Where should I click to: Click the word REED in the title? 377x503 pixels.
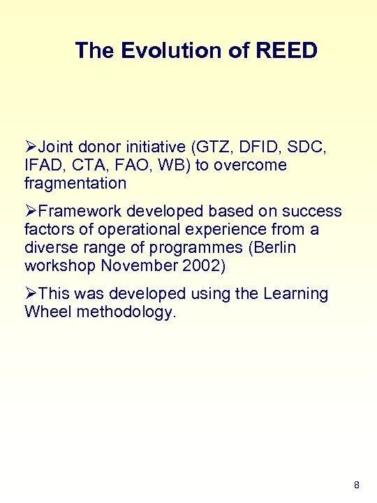coord(287,50)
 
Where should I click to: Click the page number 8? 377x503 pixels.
coord(357,485)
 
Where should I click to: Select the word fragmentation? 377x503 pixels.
coord(75,184)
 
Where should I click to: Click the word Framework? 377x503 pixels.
coord(76,212)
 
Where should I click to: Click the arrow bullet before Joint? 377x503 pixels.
coord(31,147)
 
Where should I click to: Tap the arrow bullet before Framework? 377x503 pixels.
coord(31,212)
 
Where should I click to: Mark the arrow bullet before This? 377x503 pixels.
coord(31,294)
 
